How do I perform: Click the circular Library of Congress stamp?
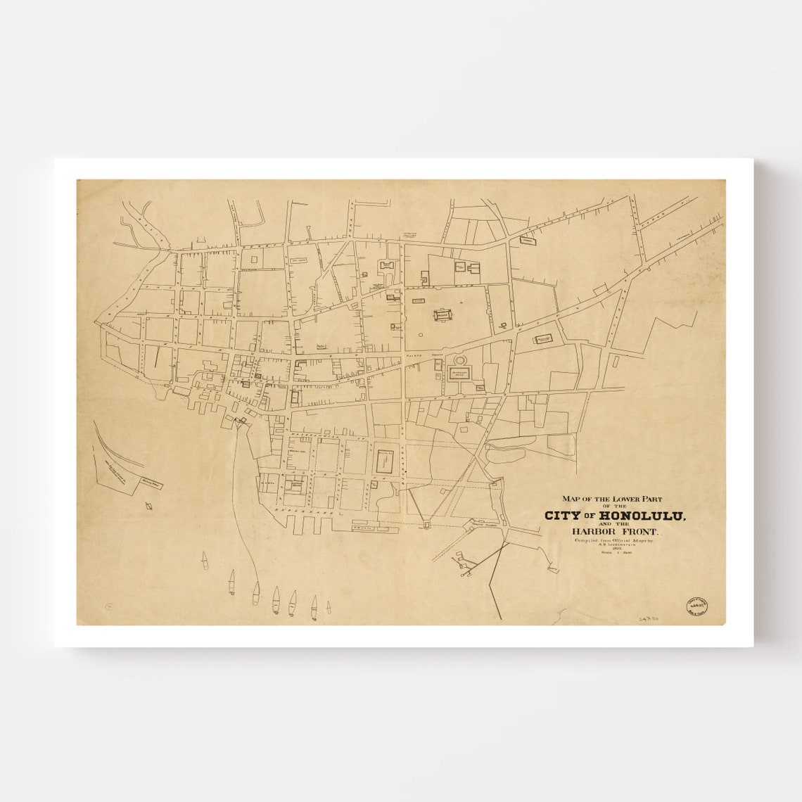[697, 608]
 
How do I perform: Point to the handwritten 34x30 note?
[649, 616]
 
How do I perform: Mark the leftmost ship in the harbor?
[205, 561]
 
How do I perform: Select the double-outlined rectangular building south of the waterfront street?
[384, 463]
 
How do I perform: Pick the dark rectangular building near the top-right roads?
[527, 241]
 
